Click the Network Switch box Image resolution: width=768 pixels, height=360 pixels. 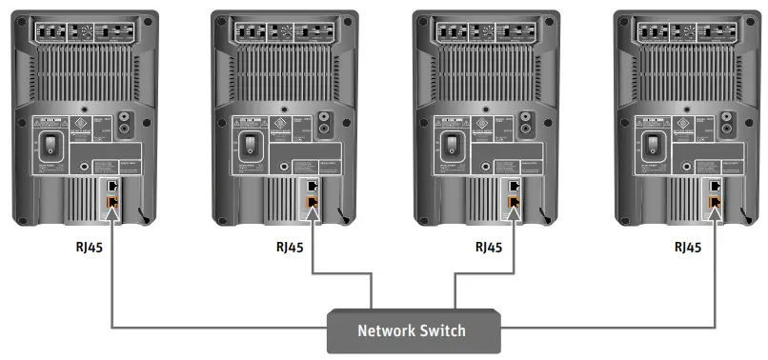412,330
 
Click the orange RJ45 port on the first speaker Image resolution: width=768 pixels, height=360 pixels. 112,202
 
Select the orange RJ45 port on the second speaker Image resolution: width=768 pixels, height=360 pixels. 313,202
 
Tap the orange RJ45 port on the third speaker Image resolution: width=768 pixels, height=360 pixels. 514,202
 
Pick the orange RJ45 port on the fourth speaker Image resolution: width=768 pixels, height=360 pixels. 714,202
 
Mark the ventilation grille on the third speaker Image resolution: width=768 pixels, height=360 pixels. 485,76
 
